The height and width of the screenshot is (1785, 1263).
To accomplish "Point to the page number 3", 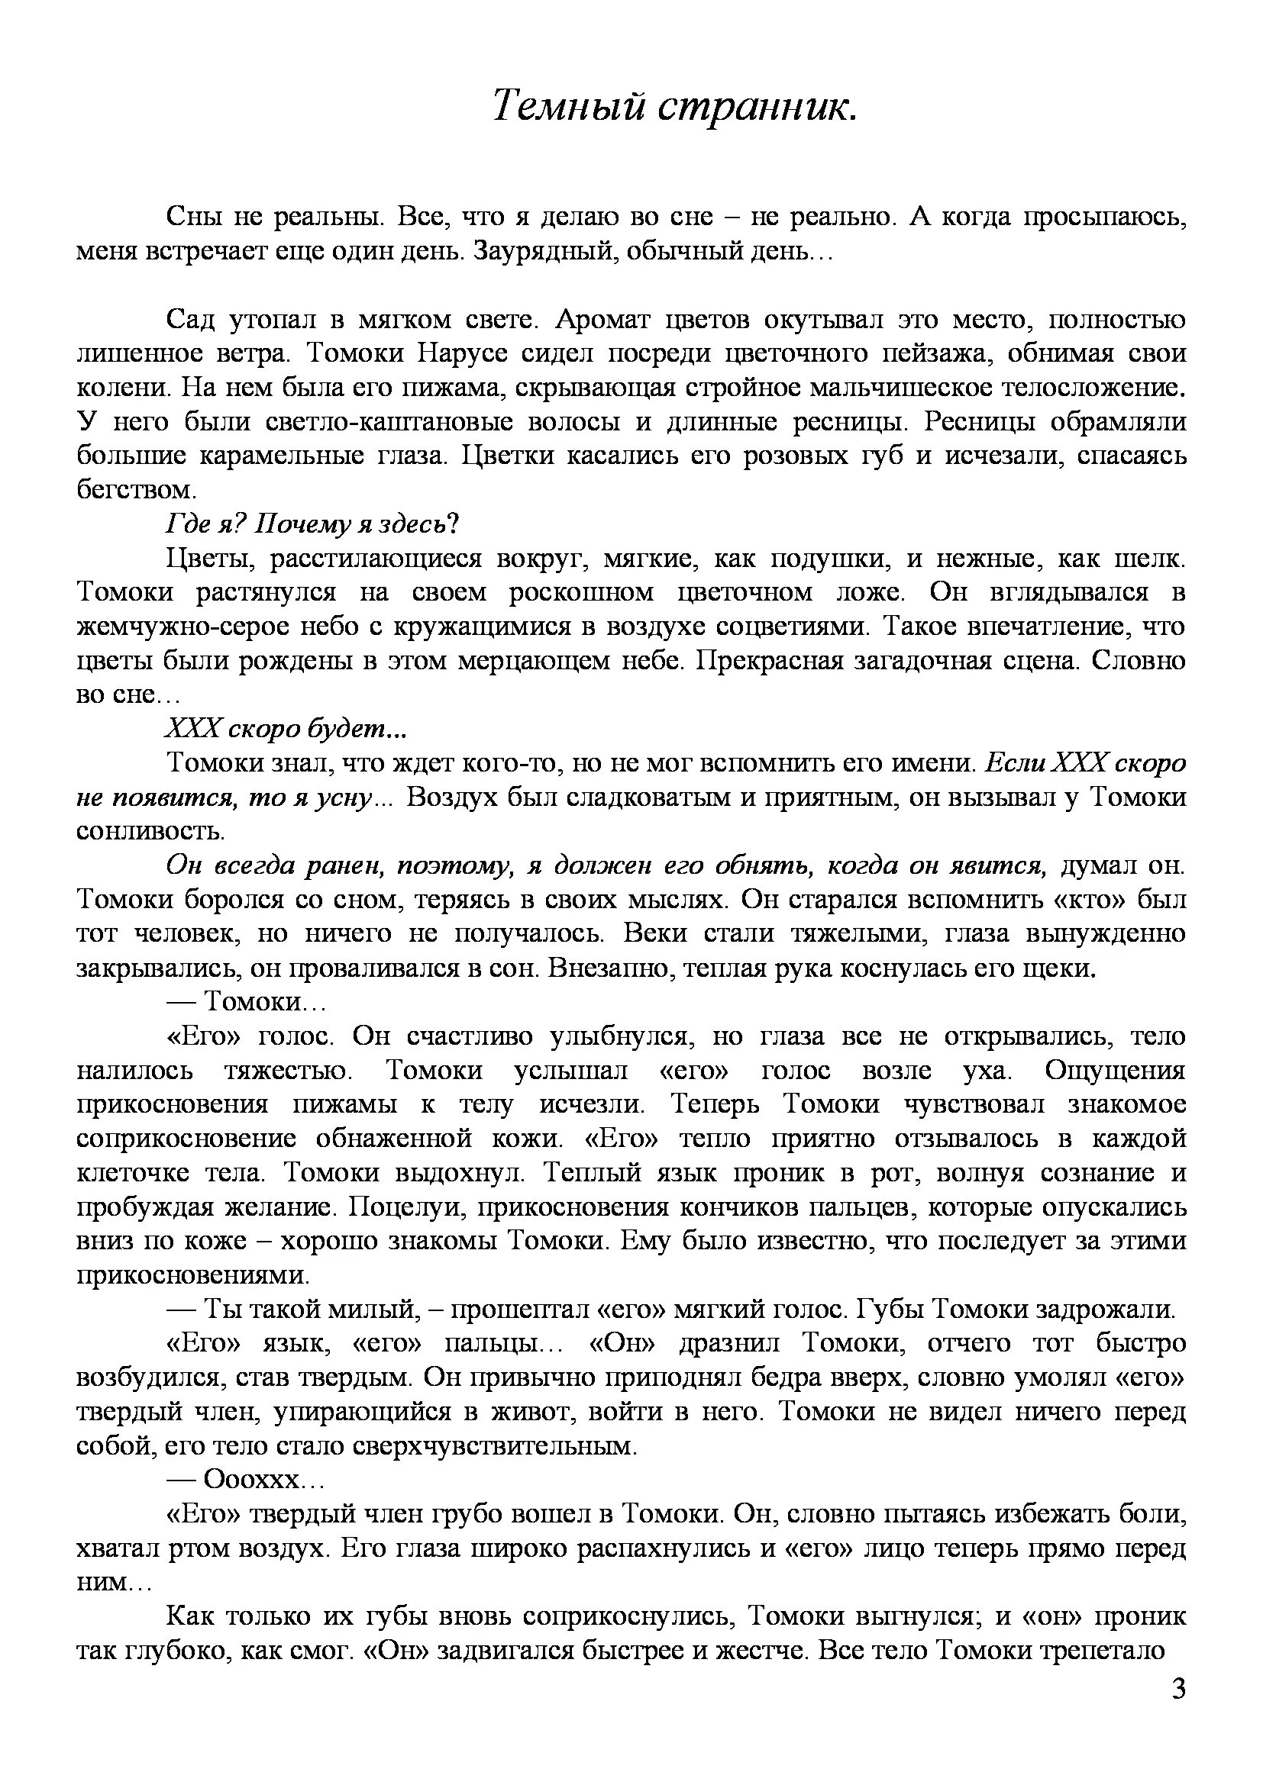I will (x=1178, y=1711).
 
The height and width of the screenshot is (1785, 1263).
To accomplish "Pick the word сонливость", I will (x=151, y=832).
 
